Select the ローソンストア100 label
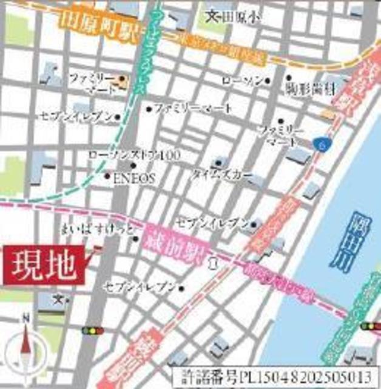click(x=134, y=156)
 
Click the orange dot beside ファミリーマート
click(x=123, y=78)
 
